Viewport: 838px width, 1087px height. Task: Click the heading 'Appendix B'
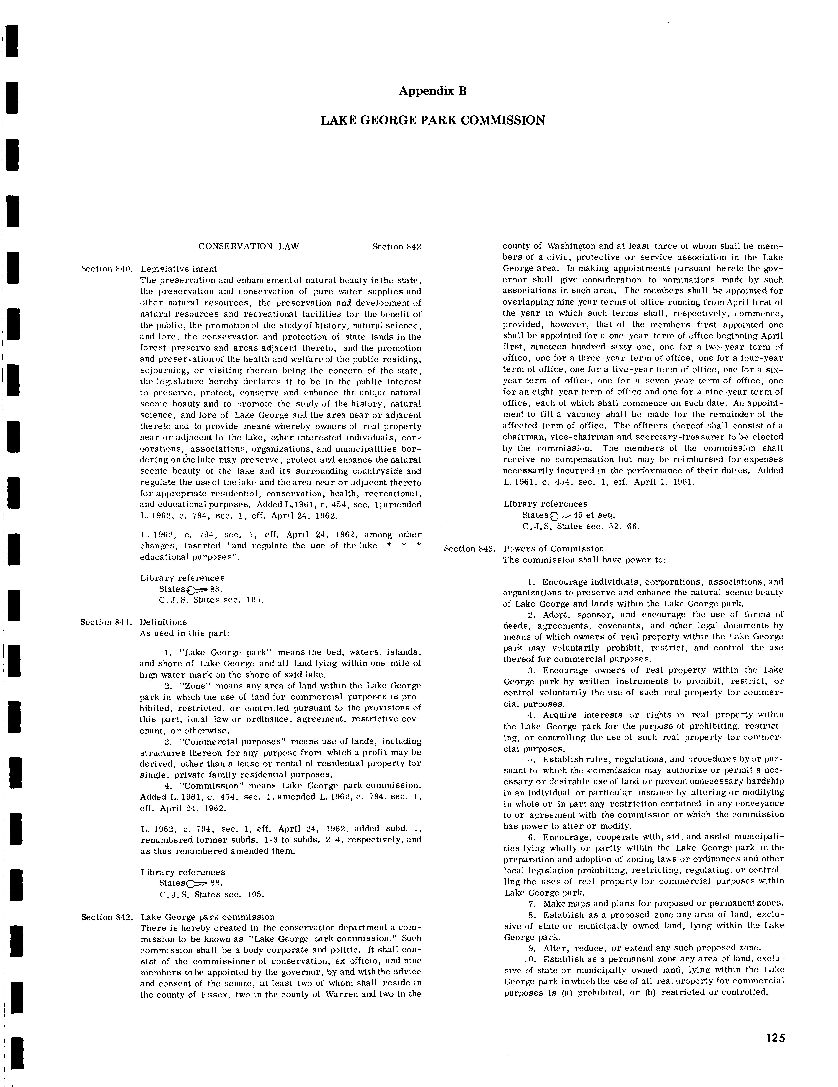coord(433,91)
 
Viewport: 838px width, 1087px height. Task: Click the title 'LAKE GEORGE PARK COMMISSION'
coord(433,120)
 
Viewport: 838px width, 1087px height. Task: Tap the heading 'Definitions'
coord(164,622)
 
